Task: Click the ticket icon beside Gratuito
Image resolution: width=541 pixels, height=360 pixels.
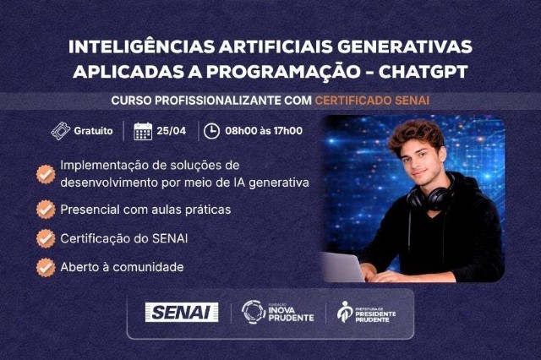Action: point(59,131)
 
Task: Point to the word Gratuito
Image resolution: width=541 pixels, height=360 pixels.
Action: point(93,131)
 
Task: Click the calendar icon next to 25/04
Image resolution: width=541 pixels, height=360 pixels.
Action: point(143,131)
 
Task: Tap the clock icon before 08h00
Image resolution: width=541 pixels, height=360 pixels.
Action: point(210,131)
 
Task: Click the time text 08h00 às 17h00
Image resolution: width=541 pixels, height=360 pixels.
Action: point(263,131)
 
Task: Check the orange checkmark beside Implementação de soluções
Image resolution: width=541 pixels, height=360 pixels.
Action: point(46,172)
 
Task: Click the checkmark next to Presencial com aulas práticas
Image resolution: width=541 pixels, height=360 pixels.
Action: point(46,208)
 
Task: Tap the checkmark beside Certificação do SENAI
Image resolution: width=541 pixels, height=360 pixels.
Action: point(46,238)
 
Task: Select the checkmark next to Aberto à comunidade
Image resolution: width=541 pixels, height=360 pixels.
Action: point(46,267)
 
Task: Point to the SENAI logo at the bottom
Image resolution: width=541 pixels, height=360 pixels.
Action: point(182,312)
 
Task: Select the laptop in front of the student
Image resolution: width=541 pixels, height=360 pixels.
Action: point(342,266)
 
